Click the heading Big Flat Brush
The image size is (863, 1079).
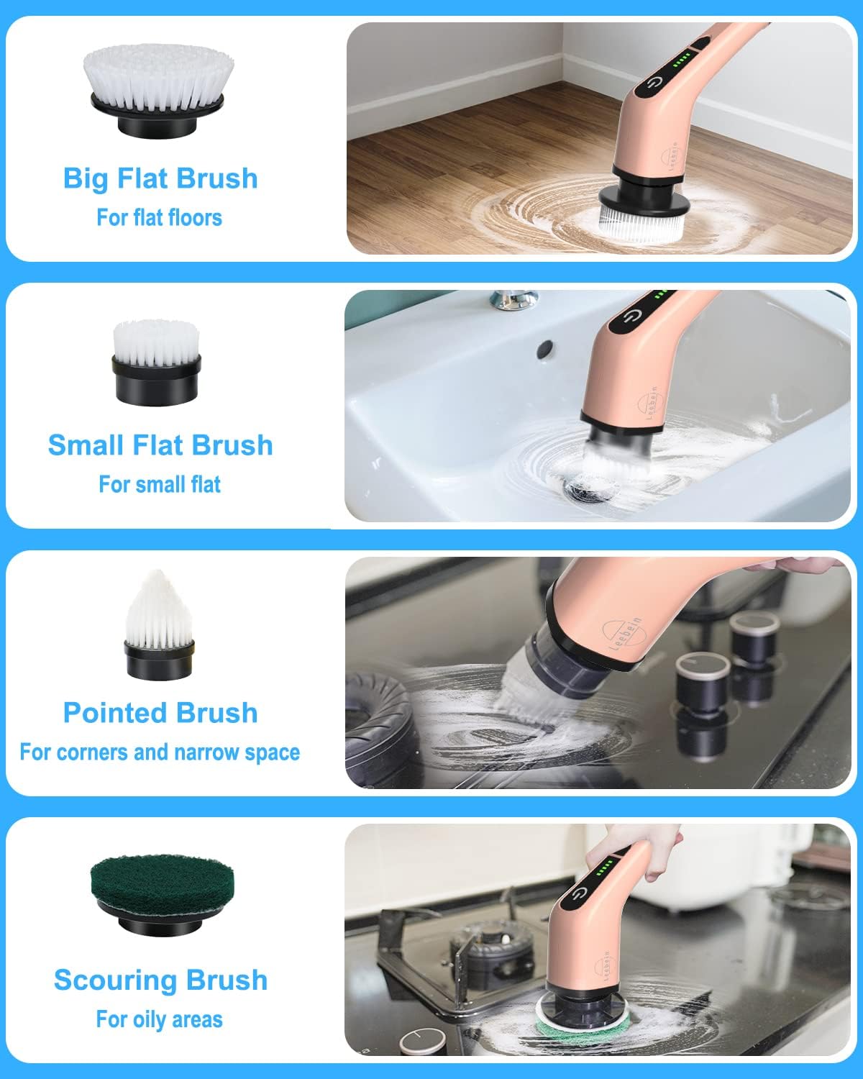pos(160,178)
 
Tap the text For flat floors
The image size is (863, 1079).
pos(159,217)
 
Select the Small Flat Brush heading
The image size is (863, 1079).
pos(160,445)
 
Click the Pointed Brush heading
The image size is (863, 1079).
pos(160,713)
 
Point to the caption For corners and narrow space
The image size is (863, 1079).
pos(160,752)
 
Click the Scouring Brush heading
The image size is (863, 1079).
pos(160,980)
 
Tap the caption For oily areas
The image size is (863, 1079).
pos(159,1019)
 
